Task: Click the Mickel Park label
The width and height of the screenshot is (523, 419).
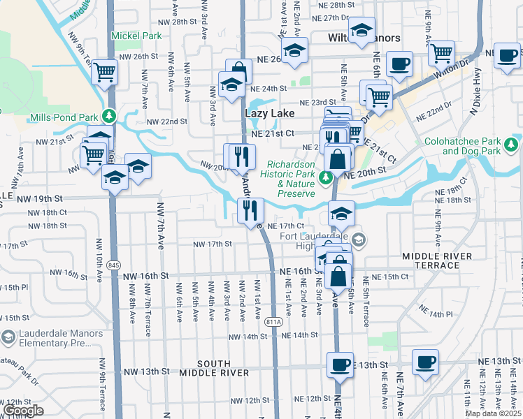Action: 136,36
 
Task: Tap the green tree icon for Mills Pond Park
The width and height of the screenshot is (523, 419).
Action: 108,116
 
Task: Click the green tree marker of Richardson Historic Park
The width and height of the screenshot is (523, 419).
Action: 324,177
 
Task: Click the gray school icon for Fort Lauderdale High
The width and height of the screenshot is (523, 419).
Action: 359,240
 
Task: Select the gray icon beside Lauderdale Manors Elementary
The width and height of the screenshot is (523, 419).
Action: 8,338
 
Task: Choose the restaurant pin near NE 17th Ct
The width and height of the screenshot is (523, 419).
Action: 249,209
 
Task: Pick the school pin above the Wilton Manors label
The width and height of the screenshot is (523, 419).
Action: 361,31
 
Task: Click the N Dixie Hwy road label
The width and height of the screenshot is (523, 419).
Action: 497,73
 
